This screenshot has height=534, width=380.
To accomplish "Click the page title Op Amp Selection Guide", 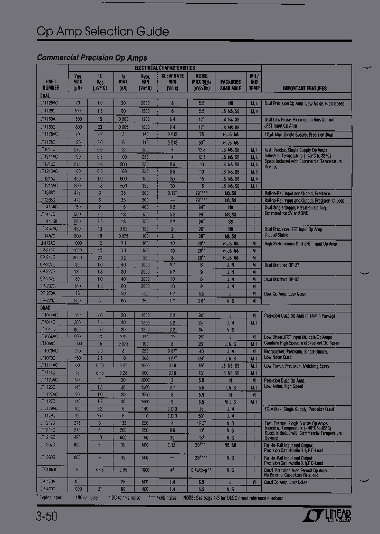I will tap(103, 32).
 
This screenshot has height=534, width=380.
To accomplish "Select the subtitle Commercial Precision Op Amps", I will tap(92, 58).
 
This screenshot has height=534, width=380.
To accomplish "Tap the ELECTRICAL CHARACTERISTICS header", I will tap(164, 68).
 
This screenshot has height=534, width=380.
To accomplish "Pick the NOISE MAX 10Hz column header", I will tap(201, 82).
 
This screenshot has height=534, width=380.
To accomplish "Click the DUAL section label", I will tap(45, 96).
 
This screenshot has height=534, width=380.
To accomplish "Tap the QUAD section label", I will tap(45, 307).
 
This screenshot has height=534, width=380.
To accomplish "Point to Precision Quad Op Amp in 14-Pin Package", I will tap(299, 316).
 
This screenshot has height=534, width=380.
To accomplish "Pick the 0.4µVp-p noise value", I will tap(201, 470).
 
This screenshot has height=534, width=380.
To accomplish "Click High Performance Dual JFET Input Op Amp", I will tap(300, 244).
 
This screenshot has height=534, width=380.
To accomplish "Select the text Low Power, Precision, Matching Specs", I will tap(297, 366).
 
